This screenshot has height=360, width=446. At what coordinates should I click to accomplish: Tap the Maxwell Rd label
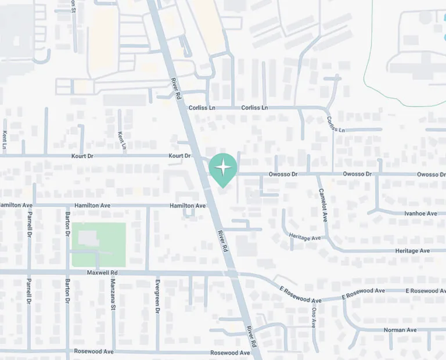coord(102,272)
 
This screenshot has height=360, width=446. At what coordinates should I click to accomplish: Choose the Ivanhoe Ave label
coord(420,214)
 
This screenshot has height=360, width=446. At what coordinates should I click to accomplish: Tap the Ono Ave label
coord(314,317)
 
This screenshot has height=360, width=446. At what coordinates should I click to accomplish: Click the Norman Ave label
coord(400,330)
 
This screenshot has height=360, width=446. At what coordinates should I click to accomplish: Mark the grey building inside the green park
coord(88,238)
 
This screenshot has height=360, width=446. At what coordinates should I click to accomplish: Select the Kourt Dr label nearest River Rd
coord(179,156)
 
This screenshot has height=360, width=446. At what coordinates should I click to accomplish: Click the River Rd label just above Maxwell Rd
coord(222,240)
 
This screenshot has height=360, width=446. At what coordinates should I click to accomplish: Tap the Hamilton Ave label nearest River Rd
coord(188,206)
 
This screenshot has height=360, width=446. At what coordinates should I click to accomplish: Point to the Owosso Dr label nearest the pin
coord(283,174)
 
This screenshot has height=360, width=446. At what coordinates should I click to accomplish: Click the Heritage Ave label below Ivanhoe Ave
coord(412,250)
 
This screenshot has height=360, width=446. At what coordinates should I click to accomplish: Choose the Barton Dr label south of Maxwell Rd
coord(68,292)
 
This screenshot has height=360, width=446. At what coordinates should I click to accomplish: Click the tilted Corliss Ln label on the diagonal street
coord(335,124)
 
